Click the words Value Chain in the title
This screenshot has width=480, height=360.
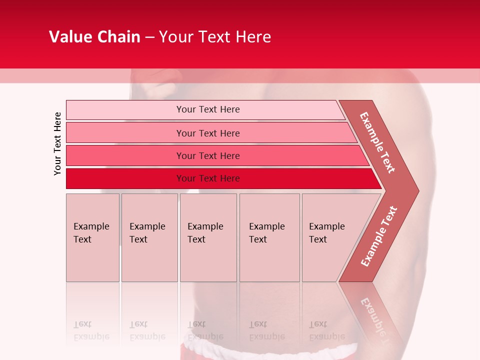pyautogui.click(x=94, y=37)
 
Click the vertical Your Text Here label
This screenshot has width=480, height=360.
pyautogui.click(x=57, y=143)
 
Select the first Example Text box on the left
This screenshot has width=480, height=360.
pyautogui.click(x=92, y=237)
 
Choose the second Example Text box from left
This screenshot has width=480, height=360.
pyautogui.click(x=149, y=237)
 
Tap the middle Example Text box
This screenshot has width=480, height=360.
pyautogui.click(x=208, y=237)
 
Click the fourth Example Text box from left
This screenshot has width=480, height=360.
pyautogui.click(x=269, y=237)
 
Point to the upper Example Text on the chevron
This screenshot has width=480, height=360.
pyautogui.click(x=377, y=142)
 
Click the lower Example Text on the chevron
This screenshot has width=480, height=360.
pyautogui.click(x=379, y=236)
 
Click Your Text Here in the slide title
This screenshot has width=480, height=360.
pyautogui.click(x=215, y=37)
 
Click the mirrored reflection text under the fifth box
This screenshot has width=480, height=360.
pyautogui.click(x=326, y=331)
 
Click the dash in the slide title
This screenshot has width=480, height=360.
pyautogui.click(x=149, y=37)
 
